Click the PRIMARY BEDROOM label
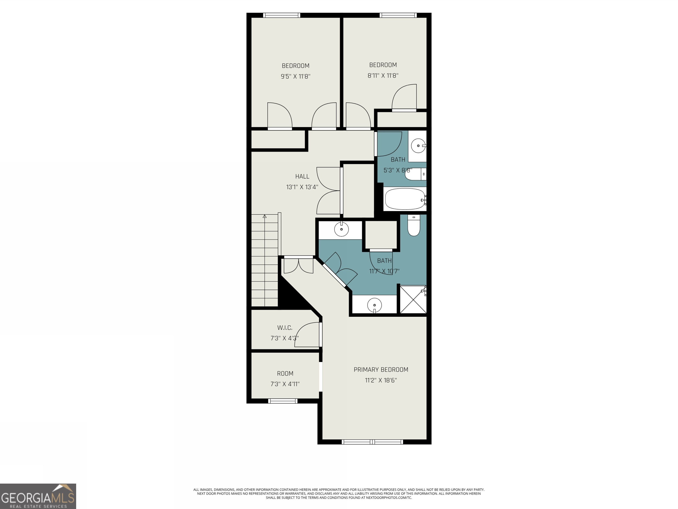click(x=381, y=370)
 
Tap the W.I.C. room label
click(x=285, y=328)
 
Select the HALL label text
click(x=302, y=177)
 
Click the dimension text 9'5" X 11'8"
click(x=296, y=76)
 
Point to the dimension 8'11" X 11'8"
click(x=383, y=76)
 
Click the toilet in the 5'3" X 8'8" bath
click(x=415, y=174)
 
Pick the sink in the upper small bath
click(x=418, y=146)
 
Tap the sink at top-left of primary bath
click(x=341, y=229)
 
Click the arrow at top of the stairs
click(x=265, y=217)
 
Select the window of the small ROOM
click(x=282, y=401)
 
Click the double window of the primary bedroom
click(x=372, y=442)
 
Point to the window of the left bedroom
click(x=281, y=15)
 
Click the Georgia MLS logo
click(x=38, y=496)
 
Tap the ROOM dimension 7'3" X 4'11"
click(x=285, y=384)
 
